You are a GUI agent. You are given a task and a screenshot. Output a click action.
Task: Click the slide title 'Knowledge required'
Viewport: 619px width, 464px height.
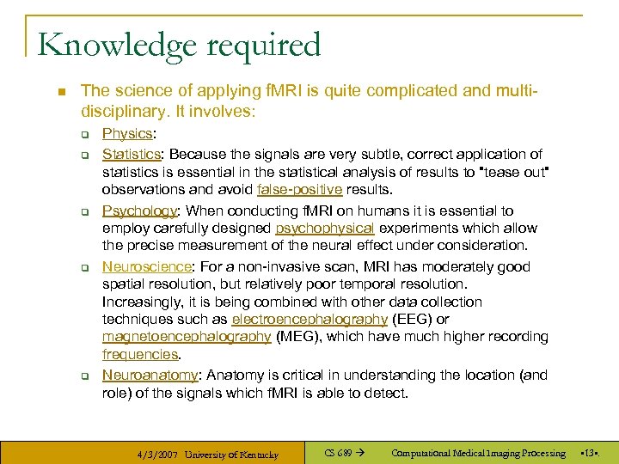179,45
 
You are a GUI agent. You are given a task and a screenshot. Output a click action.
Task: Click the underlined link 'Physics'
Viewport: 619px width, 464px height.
126,134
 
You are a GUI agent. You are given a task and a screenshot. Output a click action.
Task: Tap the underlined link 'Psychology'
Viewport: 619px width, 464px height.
138,211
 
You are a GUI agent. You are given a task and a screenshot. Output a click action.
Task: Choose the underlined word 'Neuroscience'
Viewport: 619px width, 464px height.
143,266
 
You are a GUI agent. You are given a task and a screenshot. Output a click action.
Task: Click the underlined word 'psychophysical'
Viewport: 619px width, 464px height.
324,229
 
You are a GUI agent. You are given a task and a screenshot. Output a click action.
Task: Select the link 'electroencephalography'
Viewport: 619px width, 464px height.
309,320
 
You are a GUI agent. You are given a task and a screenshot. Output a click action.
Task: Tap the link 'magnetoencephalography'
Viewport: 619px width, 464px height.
187,337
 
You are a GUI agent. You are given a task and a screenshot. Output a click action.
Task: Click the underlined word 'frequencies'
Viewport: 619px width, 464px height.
140,354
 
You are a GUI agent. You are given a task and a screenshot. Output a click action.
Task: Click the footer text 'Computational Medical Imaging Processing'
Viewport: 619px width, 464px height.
478,453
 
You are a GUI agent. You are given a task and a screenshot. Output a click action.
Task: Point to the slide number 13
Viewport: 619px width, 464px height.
589,453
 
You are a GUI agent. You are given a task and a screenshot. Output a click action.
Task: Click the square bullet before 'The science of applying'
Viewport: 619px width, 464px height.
54,90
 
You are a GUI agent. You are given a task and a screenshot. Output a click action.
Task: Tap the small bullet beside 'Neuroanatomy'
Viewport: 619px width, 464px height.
86,376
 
